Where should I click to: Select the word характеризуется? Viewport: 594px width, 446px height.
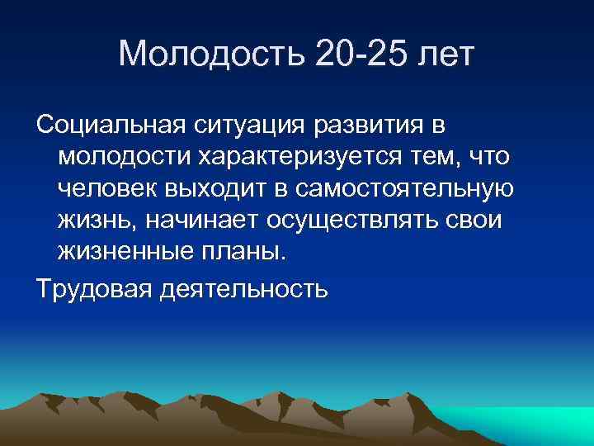pyautogui.click(x=304, y=157)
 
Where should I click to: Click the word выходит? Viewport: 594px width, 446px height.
pyautogui.click(x=217, y=188)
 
